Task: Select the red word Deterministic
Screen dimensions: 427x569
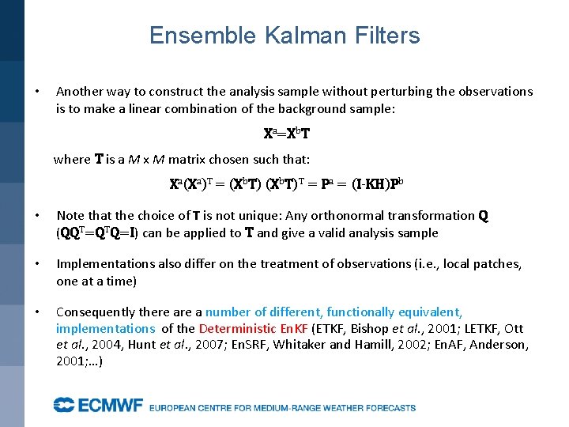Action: click(x=237, y=328)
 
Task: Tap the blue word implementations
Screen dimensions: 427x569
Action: click(x=105, y=328)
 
